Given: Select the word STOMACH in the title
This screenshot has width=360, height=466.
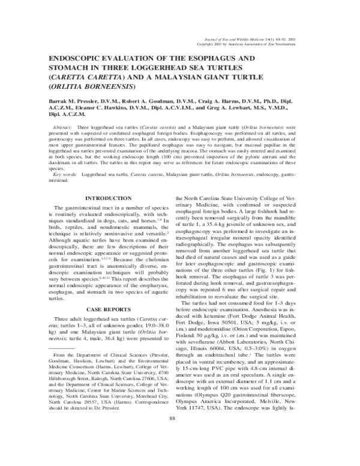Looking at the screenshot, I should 64,69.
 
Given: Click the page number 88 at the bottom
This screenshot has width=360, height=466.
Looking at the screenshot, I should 179,452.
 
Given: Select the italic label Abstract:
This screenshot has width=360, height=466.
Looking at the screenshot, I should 64,129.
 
